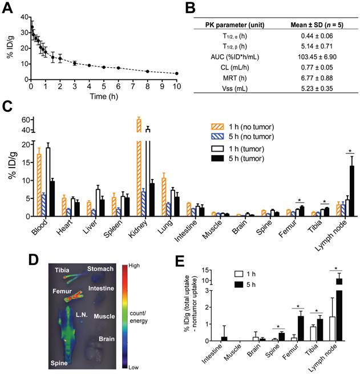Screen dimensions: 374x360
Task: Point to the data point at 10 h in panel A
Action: click(x=177, y=74)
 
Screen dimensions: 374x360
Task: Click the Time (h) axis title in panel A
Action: click(x=104, y=96)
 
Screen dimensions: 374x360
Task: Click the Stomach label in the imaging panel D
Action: click(x=99, y=267)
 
